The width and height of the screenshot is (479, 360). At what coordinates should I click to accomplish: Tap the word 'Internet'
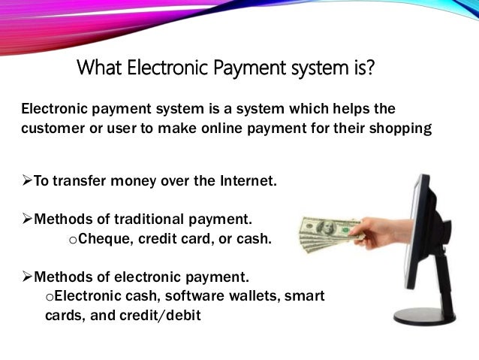[x=247, y=181]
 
